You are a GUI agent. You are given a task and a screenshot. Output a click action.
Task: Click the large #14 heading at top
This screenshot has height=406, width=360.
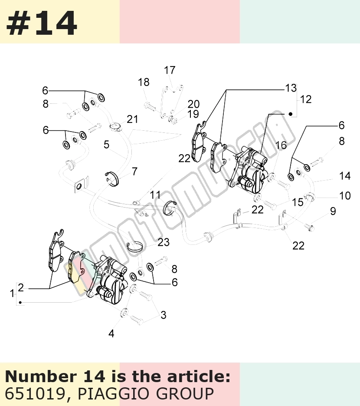tap(42, 23)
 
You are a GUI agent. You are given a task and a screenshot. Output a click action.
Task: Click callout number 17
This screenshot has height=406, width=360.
tap(170, 70)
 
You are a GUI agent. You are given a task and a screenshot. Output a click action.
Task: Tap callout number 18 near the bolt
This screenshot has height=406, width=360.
tap(144, 82)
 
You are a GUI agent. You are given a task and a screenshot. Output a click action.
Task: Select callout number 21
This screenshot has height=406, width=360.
tap(132, 119)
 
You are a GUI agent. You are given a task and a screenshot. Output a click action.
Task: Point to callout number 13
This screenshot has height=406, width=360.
tap(291, 88)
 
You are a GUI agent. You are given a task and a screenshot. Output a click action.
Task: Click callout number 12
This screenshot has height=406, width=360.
tap(306, 99)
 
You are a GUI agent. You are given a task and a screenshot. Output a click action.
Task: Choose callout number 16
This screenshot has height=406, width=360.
tap(281, 145)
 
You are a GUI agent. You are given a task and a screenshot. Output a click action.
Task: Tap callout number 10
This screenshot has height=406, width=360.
tap(345, 196)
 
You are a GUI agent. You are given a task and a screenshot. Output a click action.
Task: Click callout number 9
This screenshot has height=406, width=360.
tap(333, 211)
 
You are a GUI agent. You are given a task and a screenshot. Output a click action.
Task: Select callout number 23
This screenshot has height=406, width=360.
tap(164, 242)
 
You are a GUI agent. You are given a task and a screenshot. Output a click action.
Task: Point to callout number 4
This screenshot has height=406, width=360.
tap(111, 334)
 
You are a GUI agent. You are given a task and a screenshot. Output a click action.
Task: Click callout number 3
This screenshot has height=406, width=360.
tap(164, 315)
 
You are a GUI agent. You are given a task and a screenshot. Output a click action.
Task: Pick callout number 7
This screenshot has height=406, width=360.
tap(135, 172)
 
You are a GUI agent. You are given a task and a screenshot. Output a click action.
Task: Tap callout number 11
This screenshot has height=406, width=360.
tap(155, 195)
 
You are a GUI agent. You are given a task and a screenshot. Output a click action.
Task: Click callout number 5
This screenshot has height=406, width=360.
tap(107, 145)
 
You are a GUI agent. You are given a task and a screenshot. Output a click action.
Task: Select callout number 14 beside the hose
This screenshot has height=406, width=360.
tap(345, 176)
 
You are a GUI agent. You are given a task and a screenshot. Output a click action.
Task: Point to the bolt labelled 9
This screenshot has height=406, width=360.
tap(309, 227)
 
